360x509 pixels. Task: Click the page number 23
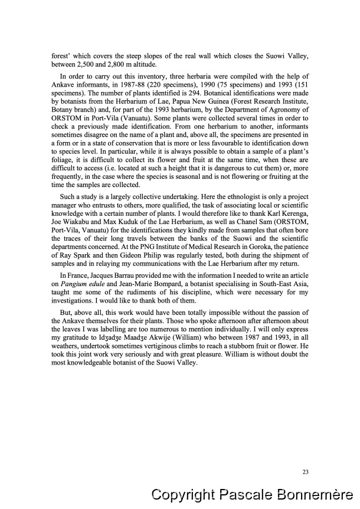tap(305, 471)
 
